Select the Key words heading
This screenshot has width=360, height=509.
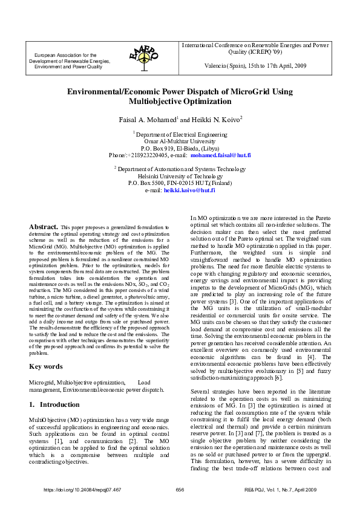click(46, 366)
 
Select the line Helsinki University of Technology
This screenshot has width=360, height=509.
click(180, 176)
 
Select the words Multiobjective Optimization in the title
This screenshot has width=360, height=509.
click(180, 102)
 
